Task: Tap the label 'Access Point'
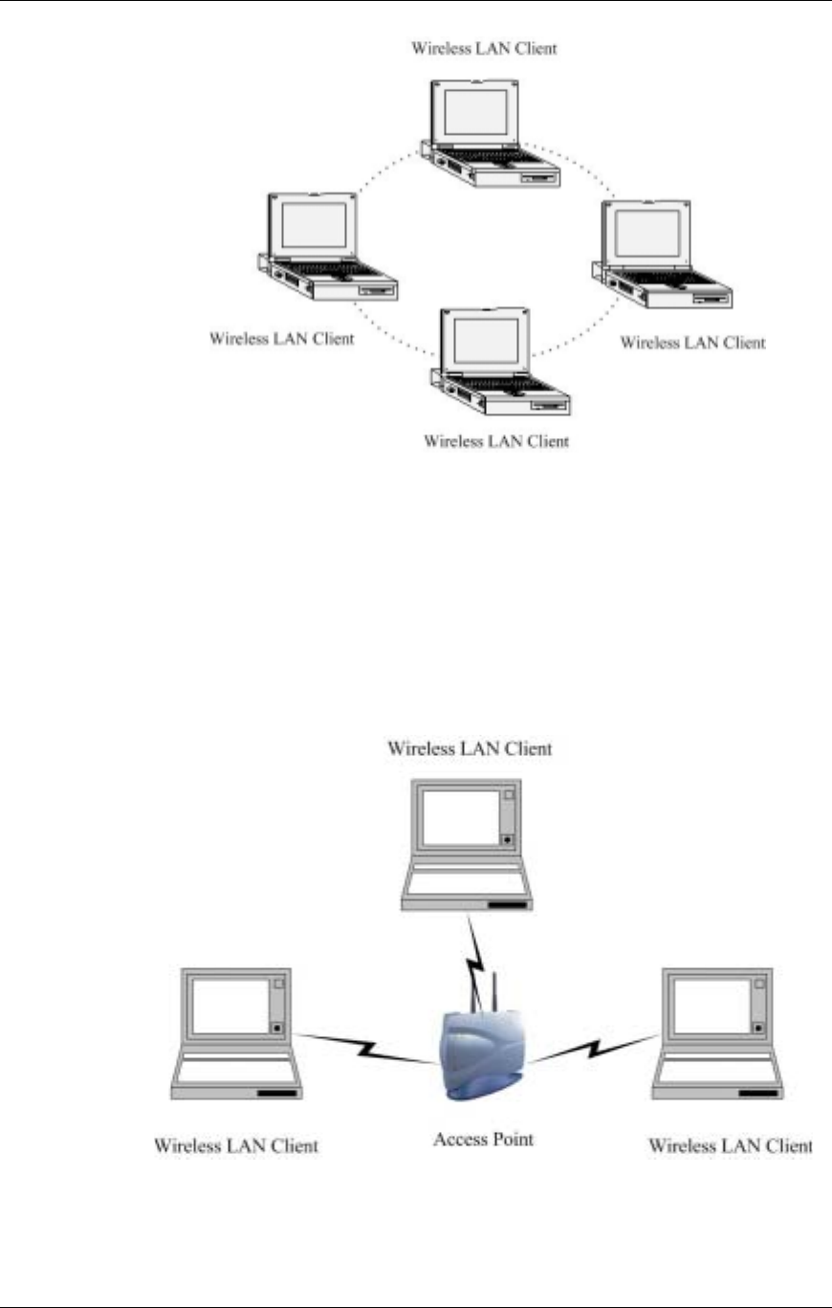(483, 1139)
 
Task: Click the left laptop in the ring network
(325, 248)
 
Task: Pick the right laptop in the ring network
(666, 256)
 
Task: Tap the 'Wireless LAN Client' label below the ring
(495, 442)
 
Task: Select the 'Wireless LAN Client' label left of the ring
(281, 338)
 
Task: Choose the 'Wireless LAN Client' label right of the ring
(692, 342)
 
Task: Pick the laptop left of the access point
(237, 1032)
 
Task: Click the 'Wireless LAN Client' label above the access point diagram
(469, 749)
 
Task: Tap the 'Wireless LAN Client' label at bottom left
(236, 1144)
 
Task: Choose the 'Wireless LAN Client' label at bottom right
(730, 1144)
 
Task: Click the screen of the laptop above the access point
(460, 819)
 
